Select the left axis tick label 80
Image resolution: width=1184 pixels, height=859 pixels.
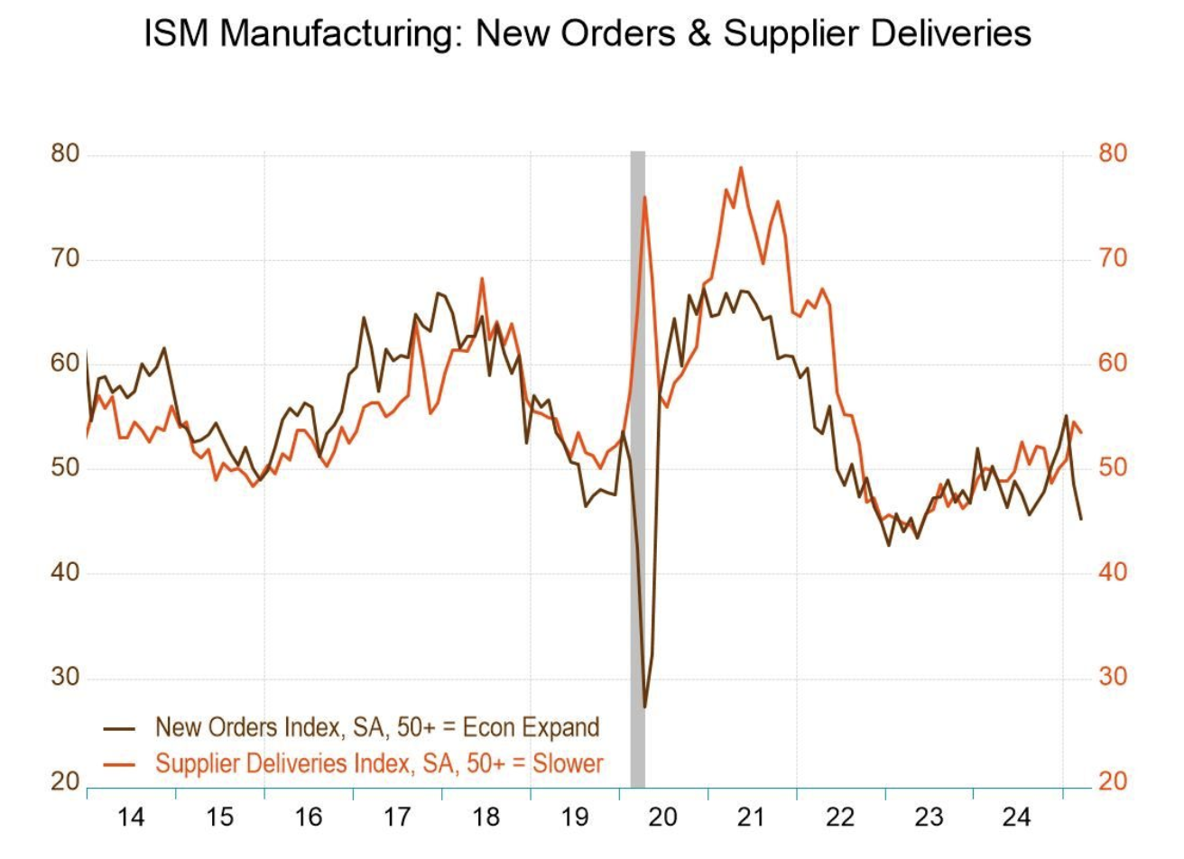65,153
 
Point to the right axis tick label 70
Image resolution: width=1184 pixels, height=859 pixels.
1113,259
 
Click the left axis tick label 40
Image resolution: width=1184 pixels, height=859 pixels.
65,573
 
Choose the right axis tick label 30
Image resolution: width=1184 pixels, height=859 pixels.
1113,678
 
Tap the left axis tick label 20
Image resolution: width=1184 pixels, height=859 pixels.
65,781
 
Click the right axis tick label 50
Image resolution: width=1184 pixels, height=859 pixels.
1113,468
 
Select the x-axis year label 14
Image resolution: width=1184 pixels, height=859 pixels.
131,817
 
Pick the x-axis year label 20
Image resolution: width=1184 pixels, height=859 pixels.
663,817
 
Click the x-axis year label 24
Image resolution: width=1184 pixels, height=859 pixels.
1017,817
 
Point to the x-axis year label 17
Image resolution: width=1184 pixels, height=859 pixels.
397,817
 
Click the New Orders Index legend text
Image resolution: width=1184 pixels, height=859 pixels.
376,727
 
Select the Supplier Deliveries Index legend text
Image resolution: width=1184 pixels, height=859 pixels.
379,763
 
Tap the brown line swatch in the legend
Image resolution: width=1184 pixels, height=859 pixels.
119,728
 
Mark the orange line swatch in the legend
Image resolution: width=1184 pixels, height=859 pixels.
119,764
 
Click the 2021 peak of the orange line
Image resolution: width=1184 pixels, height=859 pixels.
741,168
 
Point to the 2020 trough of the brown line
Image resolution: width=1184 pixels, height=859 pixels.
644,707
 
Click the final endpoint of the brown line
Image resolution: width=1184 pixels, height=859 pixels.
1081,519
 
